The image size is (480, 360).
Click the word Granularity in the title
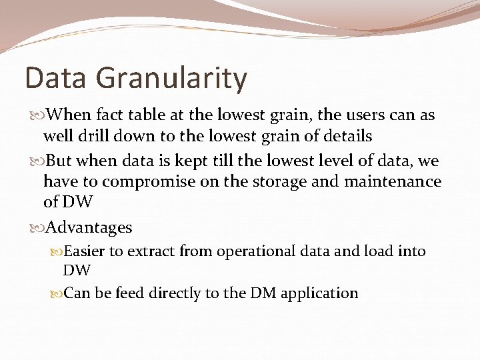pos(172,79)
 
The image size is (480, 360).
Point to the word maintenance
pos(393,181)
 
